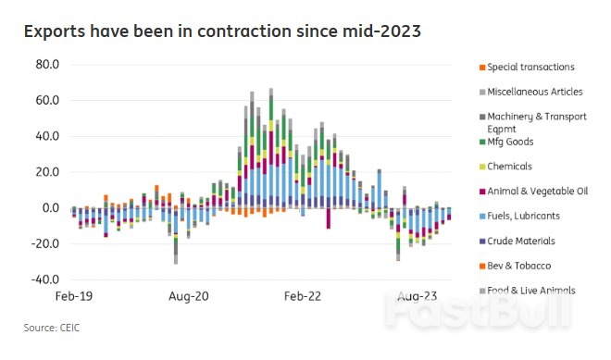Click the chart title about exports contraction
click(x=222, y=32)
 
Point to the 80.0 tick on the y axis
click(x=46, y=65)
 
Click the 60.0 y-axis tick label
click(x=46, y=100)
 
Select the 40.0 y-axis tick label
click(x=46, y=136)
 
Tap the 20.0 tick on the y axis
click(x=46, y=172)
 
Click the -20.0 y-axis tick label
click(x=44, y=243)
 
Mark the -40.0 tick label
click(x=44, y=279)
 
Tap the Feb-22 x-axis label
click(x=302, y=296)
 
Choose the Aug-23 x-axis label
click(x=417, y=296)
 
